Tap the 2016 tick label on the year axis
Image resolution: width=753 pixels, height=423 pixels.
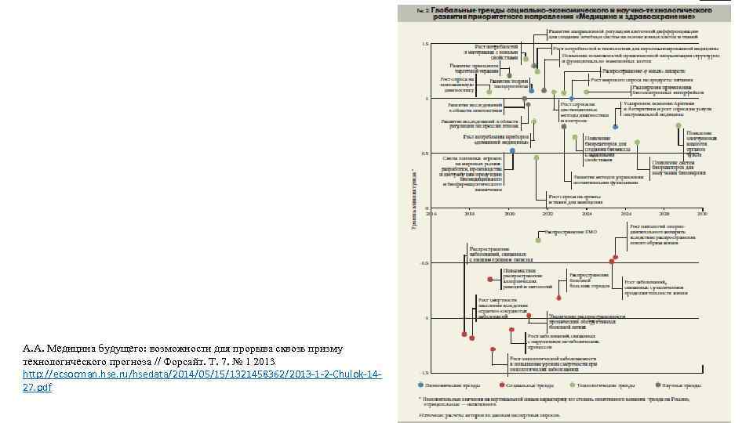coord(431,213)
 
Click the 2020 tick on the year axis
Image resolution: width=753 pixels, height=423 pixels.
coord(510,213)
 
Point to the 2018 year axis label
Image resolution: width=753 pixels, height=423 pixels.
coord(470,213)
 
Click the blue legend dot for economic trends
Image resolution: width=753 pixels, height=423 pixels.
coord(422,385)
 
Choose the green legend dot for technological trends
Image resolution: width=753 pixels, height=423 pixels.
coord(571,385)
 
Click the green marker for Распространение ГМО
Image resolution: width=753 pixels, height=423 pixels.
coord(538,240)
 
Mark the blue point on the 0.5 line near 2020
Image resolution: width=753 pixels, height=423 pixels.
coord(512,150)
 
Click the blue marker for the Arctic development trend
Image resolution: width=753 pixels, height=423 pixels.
coord(616,126)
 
